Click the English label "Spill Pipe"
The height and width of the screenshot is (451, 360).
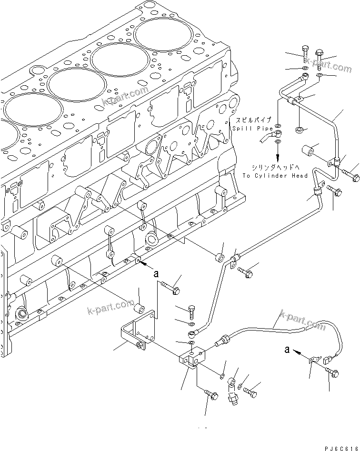click(x=252, y=129)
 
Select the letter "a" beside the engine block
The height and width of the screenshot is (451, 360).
click(x=155, y=274)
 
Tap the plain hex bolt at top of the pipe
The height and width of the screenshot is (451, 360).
click(x=304, y=54)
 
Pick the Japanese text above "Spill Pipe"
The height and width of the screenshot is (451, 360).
click(x=252, y=120)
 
